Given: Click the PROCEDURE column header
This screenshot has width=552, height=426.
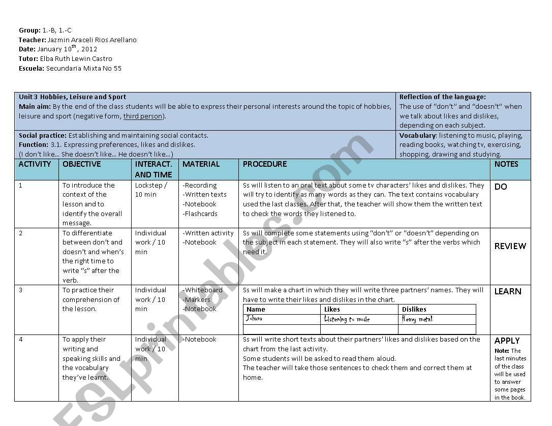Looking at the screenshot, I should [264, 164].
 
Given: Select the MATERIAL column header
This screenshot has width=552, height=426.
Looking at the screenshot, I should [201, 164].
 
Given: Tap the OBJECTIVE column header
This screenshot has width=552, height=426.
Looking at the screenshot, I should [81, 164].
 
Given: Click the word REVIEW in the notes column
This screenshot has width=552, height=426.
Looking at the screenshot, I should [510, 247].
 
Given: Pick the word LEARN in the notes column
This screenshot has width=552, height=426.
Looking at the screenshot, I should [508, 291].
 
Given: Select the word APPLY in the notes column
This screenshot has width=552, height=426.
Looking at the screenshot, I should [507, 341].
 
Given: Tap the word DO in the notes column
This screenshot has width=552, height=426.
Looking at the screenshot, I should [501, 187].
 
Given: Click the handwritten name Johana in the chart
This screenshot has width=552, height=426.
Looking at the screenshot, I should [254, 319].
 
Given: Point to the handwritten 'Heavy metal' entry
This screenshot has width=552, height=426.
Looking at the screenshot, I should [417, 319].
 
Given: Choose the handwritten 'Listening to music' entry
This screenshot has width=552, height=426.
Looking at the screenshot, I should [347, 319].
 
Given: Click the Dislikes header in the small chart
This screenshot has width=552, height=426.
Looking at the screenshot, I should [414, 309].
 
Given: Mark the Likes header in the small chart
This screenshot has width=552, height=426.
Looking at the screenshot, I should [332, 309].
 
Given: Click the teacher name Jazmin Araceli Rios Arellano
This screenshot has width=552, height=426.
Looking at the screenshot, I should [92, 40].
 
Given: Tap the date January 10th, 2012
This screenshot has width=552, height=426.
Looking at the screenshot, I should [67, 49].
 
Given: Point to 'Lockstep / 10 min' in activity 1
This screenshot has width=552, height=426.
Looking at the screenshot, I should [150, 190].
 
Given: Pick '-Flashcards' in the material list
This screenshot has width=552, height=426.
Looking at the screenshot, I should [200, 214].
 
